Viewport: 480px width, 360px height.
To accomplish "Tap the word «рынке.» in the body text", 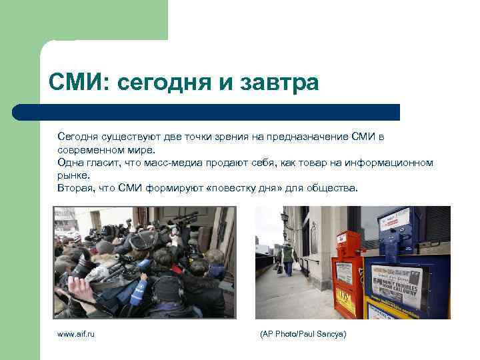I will [73, 175].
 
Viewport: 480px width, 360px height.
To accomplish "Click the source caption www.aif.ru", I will [76, 333].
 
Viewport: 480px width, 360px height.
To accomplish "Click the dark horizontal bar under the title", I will [207, 112].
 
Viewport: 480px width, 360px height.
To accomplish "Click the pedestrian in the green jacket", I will [287, 257].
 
